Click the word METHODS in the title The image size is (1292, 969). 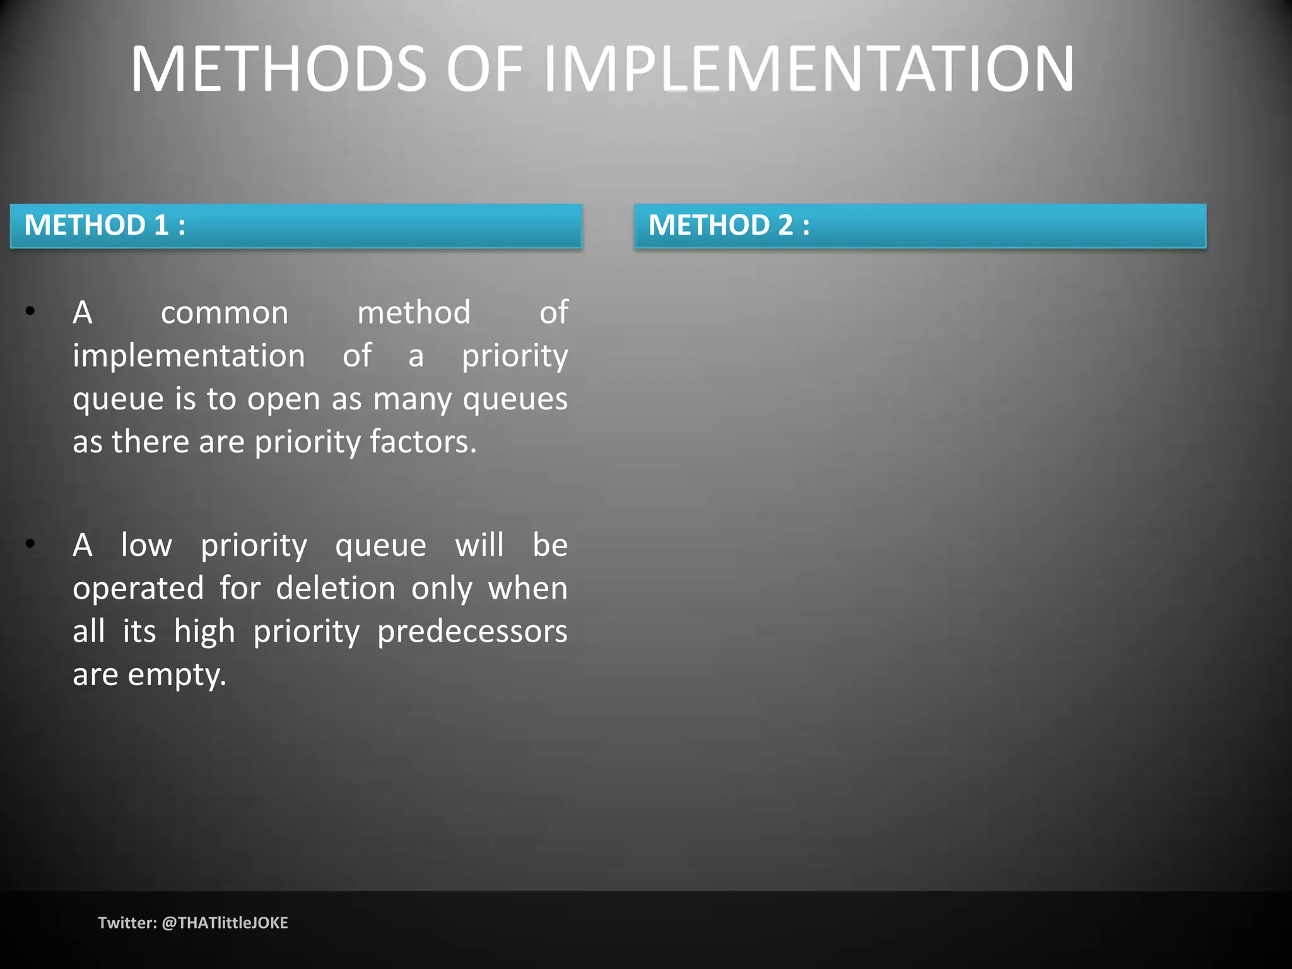(278, 69)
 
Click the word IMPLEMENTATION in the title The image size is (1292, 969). (808, 69)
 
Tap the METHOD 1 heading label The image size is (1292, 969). (105, 225)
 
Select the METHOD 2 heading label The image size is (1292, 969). (729, 225)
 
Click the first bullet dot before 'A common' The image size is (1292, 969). (30, 311)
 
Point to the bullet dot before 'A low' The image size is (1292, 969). (30, 544)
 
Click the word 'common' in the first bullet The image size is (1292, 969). (225, 312)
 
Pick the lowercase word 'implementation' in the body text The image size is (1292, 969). (189, 356)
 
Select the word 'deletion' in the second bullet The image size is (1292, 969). (336, 588)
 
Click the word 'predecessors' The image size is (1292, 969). (473, 631)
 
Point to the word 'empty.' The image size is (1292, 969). (177, 675)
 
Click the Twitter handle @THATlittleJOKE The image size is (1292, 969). (225, 923)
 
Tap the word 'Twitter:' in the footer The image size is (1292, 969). (127, 923)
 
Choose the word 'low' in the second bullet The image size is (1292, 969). (146, 545)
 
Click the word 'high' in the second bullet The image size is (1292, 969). (204, 631)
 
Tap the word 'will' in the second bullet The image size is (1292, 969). (479, 545)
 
